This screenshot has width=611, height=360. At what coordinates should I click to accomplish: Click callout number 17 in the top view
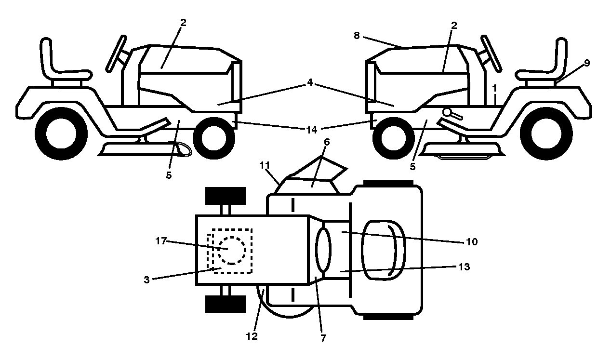coord(161,241)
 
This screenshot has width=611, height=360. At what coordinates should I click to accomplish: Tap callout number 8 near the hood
coord(357,36)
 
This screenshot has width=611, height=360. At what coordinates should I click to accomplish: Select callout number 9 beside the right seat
coord(587,63)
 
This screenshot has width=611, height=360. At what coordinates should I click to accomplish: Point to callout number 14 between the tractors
coord(311,130)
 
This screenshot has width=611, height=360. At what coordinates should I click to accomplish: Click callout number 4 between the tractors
coord(309,82)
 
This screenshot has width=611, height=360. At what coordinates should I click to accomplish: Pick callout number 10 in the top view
coord(472,241)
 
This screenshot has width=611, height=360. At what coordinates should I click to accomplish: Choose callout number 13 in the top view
coord(464,267)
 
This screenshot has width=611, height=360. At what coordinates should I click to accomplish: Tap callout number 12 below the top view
coord(252,336)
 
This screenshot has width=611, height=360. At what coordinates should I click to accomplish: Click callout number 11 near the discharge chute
coord(265,165)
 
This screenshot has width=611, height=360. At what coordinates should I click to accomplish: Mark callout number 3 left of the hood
coord(146,280)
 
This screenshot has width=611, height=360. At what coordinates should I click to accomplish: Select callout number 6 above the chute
coord(327,142)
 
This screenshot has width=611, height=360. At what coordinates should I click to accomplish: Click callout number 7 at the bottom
coord(323,338)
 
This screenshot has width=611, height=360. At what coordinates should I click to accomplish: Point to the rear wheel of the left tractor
coord(61,133)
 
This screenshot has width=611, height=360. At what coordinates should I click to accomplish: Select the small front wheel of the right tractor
coord(394,138)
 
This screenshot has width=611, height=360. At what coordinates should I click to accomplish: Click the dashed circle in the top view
coord(232,250)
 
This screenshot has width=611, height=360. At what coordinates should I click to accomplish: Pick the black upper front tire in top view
coord(226,196)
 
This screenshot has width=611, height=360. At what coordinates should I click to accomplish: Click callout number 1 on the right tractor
coord(494,88)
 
